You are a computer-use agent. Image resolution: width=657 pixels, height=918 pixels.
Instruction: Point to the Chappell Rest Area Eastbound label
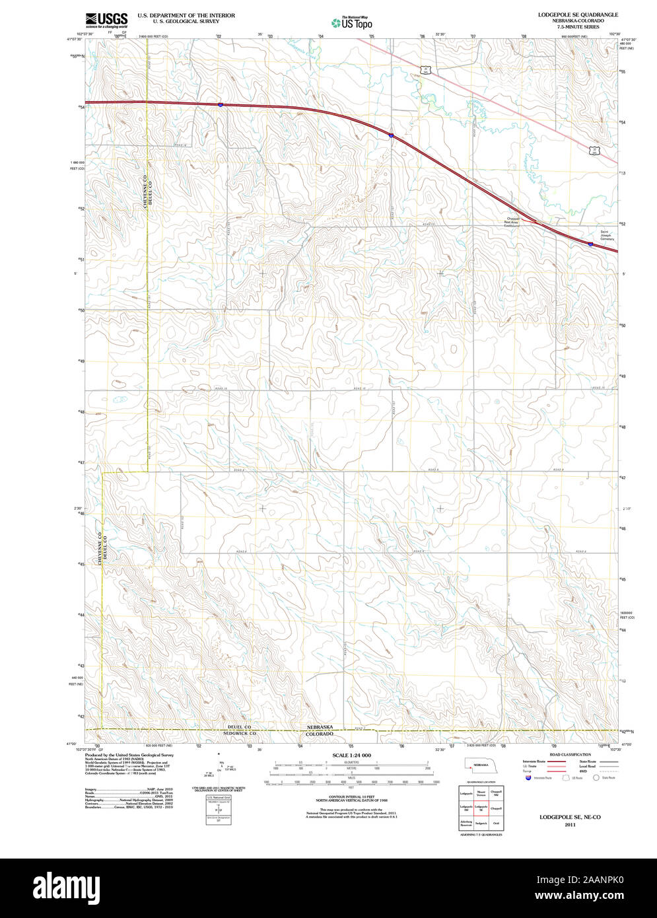tap(512, 221)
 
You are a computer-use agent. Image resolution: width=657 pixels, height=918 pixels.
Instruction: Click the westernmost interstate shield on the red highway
tap(220, 104)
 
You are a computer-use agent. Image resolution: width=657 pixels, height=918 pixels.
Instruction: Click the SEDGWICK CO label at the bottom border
tap(239, 733)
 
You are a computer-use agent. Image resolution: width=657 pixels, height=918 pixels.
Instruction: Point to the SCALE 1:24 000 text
tap(351, 755)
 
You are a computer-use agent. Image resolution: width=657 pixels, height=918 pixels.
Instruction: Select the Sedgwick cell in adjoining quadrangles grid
tap(481, 824)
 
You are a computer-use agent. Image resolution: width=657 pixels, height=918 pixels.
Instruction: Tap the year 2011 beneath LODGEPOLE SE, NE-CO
tap(570, 824)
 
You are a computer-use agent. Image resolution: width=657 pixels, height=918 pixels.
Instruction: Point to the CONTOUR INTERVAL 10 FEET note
tap(351, 796)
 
